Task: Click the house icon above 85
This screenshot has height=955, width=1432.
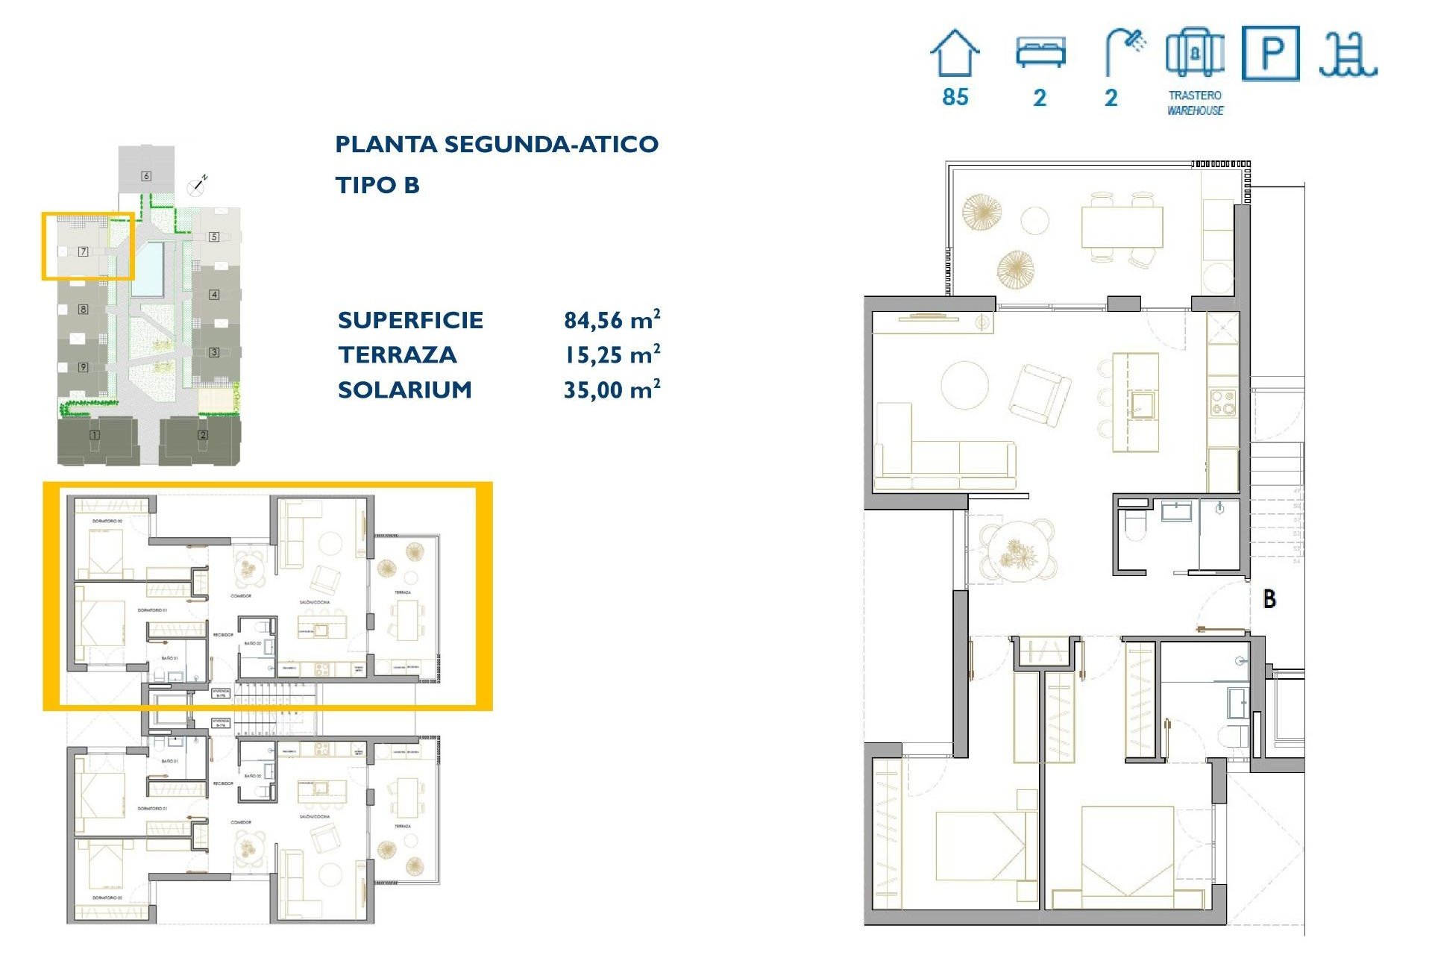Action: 955,53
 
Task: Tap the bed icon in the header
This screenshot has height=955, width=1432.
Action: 1040,52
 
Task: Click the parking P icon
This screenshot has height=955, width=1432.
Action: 1271,53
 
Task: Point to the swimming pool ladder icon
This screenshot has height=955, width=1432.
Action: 1348,55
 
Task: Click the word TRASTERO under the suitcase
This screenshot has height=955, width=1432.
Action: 1195,95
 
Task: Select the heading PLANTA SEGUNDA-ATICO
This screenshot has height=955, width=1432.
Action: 497,144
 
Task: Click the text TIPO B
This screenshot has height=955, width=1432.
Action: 377,185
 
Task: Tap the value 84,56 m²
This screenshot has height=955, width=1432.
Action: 612,320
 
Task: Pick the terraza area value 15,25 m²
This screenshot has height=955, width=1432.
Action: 612,355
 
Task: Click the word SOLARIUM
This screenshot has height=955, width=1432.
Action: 405,389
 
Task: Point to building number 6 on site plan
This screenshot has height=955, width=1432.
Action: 146,176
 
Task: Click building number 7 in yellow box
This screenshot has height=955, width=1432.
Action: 84,251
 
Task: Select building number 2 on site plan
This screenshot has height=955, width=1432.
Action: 203,435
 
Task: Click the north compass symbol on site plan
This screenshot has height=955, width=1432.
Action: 197,187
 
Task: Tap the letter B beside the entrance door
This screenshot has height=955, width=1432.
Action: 1269,598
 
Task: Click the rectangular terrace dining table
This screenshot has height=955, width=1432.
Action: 1122,227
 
